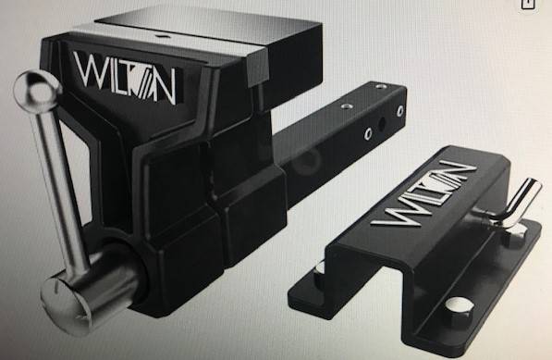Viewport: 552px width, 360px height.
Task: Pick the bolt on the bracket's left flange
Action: pos(320,267)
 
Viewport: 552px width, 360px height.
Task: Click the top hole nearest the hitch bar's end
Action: pos(380,87)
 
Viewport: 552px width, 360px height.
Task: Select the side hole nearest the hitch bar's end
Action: pos(399,111)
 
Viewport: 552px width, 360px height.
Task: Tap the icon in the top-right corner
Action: pos(528,5)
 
